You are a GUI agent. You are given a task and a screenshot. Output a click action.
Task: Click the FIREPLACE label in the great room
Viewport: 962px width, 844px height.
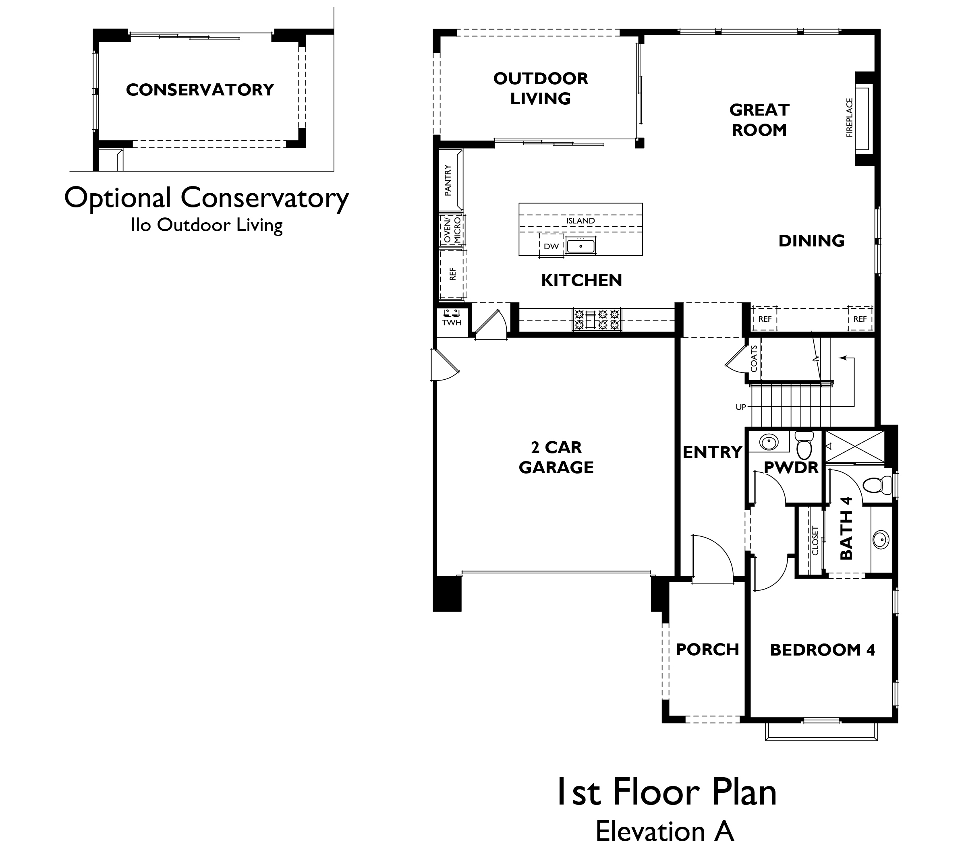tap(850, 118)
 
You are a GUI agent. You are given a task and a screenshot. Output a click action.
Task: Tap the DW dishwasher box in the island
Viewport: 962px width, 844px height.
tap(551, 246)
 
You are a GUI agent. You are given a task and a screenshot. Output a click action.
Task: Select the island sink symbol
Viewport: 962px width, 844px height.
tap(581, 246)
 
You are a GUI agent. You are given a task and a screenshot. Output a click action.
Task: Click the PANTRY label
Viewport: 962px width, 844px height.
tap(448, 180)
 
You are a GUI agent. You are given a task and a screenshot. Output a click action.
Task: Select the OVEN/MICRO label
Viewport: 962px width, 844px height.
tap(452, 230)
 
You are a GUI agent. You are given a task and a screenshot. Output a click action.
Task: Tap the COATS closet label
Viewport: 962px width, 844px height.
tap(754, 358)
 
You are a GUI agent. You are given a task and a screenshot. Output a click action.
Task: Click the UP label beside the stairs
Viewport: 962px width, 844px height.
tap(741, 407)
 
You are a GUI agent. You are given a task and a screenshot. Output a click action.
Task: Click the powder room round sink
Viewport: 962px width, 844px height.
tap(769, 442)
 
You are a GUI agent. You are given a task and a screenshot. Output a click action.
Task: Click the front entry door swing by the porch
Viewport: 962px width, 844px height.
tap(711, 560)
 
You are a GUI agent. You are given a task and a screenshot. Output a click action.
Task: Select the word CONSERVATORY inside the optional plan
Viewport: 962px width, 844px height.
tap(200, 90)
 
